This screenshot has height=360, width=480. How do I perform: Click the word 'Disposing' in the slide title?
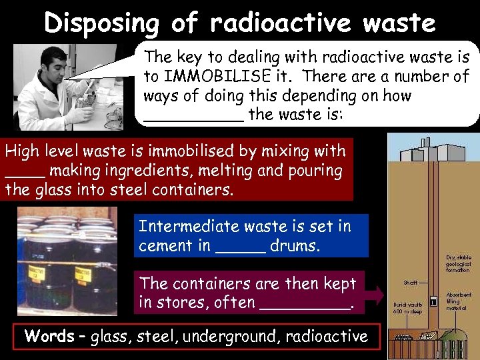tap(102, 23)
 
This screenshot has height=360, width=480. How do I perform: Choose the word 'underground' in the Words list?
tap(234, 337)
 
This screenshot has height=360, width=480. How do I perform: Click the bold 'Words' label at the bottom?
tap(49, 336)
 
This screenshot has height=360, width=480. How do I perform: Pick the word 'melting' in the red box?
tap(229, 171)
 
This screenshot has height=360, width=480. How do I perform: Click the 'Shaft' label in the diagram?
tap(411, 283)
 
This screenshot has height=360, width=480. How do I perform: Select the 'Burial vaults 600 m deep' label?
tap(406, 308)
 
